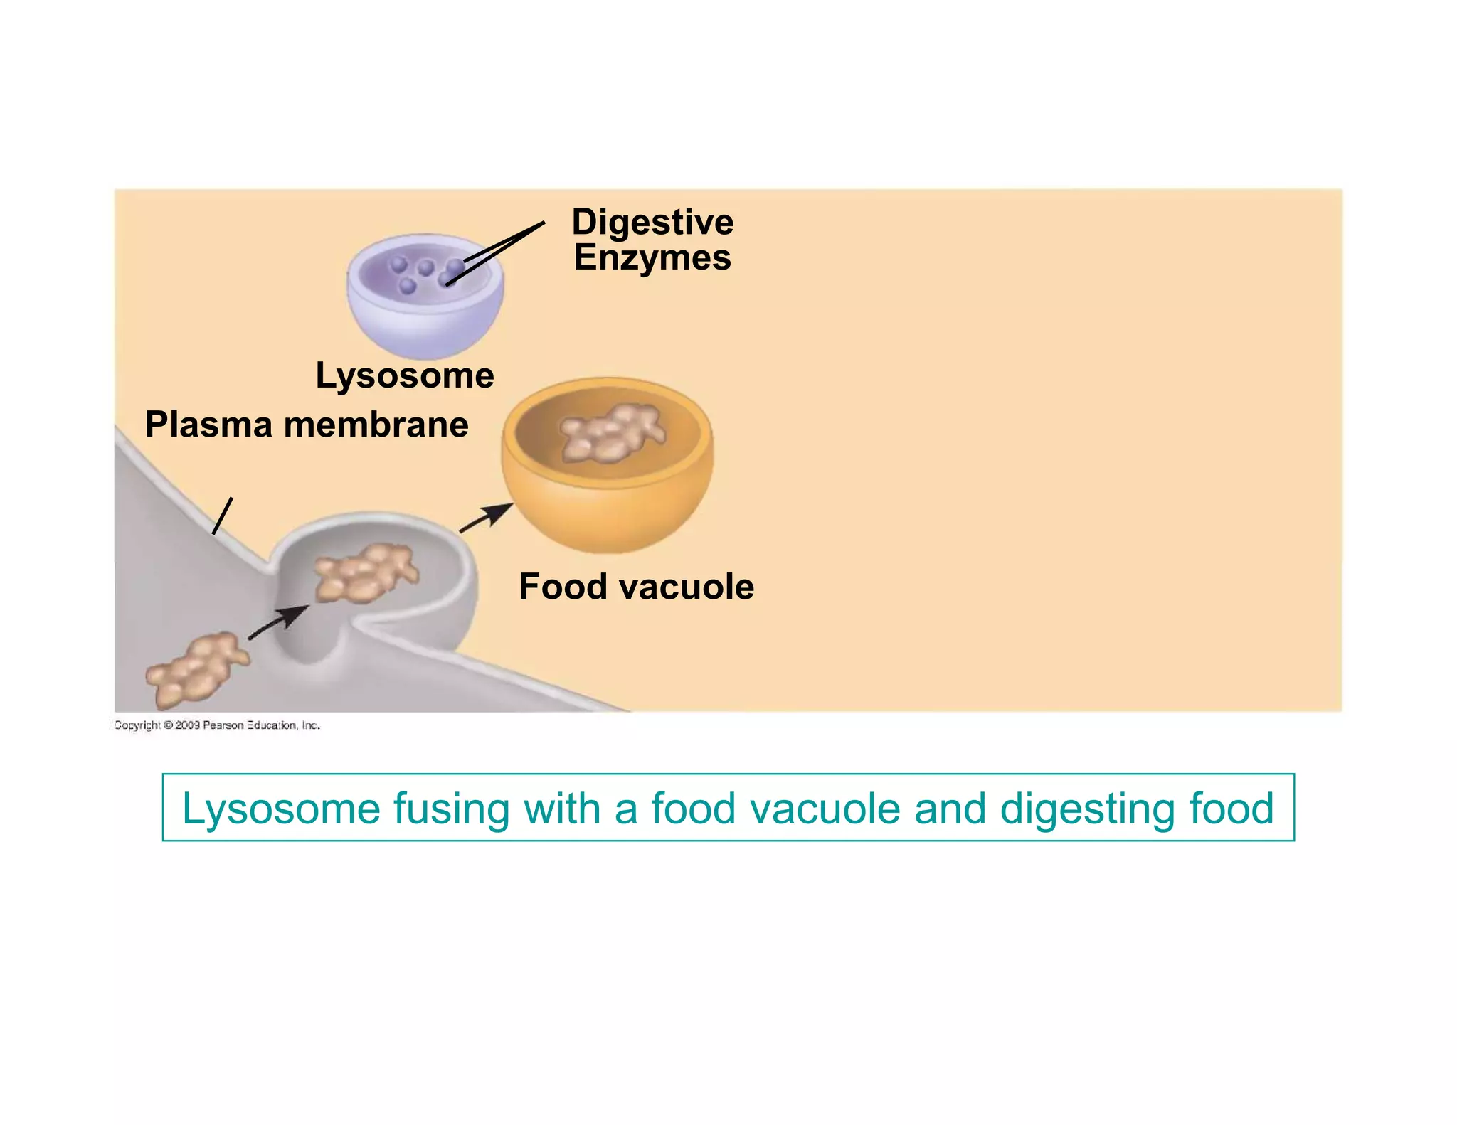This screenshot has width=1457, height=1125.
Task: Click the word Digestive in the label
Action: [x=652, y=223]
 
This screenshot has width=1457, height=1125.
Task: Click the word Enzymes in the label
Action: [x=652, y=257]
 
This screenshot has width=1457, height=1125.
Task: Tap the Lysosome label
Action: [x=405, y=375]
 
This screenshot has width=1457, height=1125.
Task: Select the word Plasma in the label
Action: [x=208, y=425]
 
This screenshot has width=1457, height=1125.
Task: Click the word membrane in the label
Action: [x=376, y=425]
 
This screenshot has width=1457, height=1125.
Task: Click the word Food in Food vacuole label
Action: [x=563, y=587]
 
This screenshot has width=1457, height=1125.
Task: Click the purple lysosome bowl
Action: [x=425, y=320]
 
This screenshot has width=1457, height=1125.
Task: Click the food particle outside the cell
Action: [x=196, y=671]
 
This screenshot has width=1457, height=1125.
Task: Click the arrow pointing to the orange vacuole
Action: [x=486, y=518]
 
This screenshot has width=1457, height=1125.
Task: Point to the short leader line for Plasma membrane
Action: [x=223, y=516]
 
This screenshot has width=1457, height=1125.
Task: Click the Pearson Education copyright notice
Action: [x=217, y=725]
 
